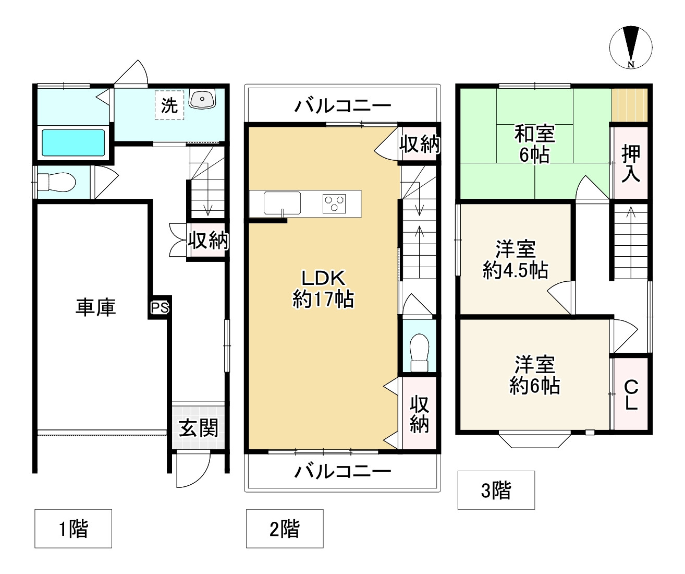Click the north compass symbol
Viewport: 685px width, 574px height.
(631, 47)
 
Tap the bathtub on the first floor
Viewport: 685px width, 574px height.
(73, 143)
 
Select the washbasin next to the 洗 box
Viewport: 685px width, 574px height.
(202, 98)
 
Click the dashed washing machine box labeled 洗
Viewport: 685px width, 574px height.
(169, 105)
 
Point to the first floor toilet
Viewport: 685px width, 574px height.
(56, 182)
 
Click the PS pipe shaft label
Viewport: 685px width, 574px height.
(160, 308)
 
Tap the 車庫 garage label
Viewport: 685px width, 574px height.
(95, 307)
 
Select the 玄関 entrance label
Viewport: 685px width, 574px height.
(199, 427)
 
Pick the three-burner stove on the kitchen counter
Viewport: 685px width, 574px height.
(334, 204)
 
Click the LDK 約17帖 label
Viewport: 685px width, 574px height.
(323, 289)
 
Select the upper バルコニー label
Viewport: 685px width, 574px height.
(343, 106)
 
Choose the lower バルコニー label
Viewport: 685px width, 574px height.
(343, 472)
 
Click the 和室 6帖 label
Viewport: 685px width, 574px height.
(535, 144)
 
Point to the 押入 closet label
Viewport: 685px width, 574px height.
(631, 163)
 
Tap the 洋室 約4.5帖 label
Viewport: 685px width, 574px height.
(516, 259)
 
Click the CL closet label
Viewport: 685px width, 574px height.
(631, 395)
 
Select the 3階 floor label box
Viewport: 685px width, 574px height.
(496, 491)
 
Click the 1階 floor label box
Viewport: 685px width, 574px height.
(73, 529)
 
